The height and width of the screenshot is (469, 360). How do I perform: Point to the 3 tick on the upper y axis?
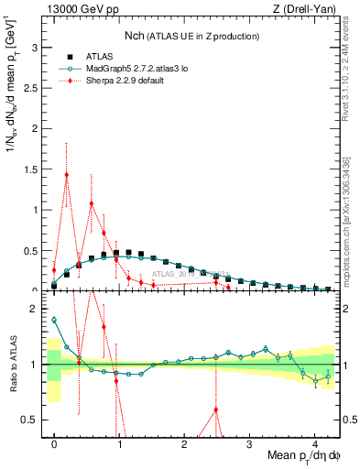[x=38, y=46]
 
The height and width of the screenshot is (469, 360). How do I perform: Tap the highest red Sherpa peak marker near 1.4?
[x=67, y=174]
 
